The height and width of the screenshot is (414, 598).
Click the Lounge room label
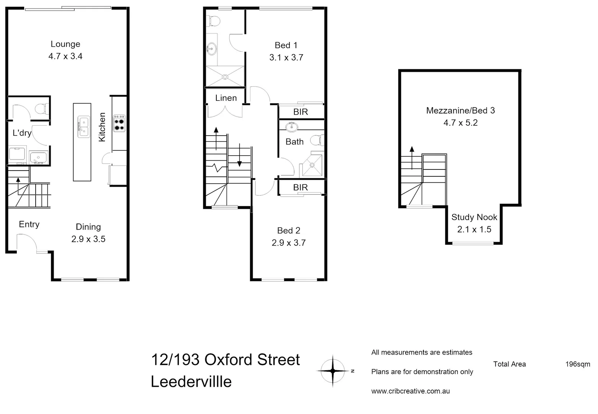[x=65, y=44]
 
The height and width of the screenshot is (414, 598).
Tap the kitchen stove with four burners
[x=119, y=123]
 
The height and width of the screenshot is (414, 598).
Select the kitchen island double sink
[x=83, y=127]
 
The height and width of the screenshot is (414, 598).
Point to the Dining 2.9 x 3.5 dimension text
[x=88, y=239]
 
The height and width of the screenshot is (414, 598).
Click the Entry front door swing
[x=26, y=243]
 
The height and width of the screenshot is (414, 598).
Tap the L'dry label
[x=22, y=133]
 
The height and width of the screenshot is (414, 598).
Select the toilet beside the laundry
[x=41, y=109]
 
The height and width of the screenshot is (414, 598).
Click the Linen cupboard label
[x=226, y=98]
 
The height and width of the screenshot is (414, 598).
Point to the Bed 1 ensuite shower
[x=225, y=77]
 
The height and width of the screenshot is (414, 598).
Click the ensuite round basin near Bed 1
[x=211, y=49]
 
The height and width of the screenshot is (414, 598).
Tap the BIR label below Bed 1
[x=301, y=112]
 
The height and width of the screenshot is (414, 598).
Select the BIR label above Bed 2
[x=301, y=187]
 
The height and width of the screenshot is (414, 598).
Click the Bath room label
[x=294, y=142]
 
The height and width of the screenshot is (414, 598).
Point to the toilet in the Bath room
[x=317, y=141]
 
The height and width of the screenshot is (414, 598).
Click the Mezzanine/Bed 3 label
[x=460, y=111]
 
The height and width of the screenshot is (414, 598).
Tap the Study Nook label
[x=474, y=217]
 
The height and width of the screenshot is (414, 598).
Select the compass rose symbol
[x=333, y=371]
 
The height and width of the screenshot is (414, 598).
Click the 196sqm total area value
[x=577, y=364]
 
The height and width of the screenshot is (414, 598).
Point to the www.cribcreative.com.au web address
[x=410, y=391]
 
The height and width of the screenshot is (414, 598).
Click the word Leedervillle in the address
[x=191, y=382]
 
